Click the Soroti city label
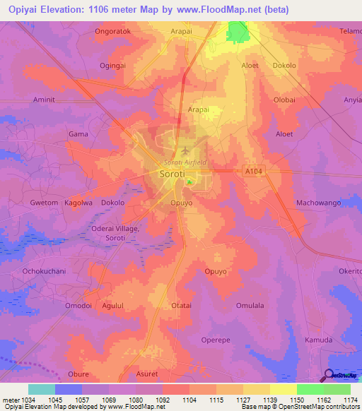(x=174, y=173)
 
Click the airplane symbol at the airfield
(x=185, y=152)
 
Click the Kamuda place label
(x=318, y=340)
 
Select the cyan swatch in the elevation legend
(x=42, y=389)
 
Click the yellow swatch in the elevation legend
(x=283, y=389)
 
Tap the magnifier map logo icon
(x=328, y=376)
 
